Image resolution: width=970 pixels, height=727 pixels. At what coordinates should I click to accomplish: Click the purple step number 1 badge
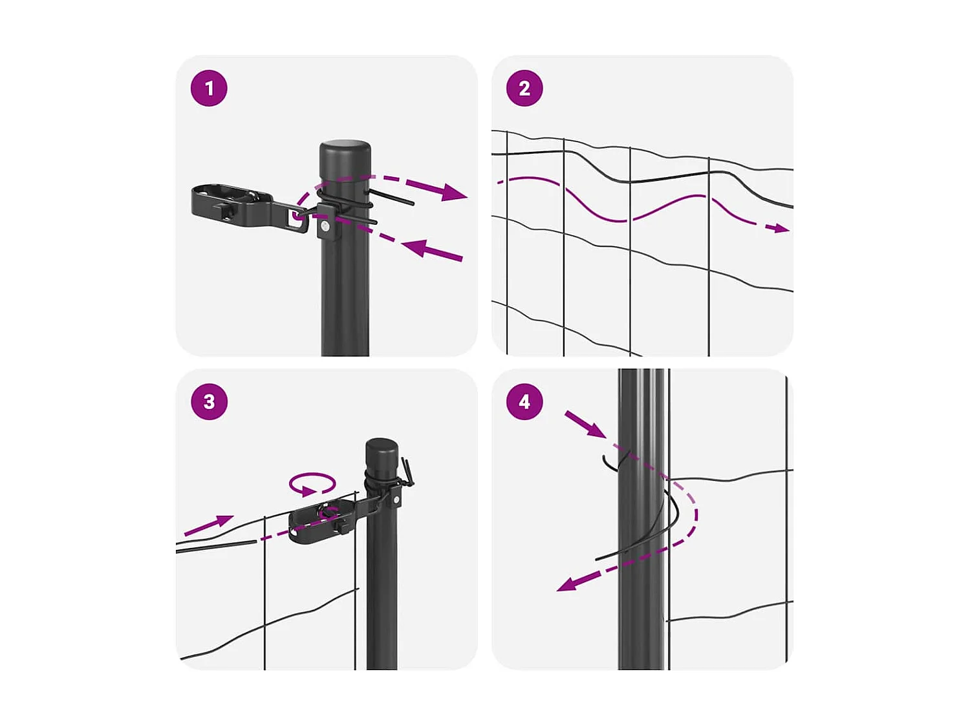click(209, 88)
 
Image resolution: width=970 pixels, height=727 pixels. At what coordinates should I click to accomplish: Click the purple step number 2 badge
click(524, 88)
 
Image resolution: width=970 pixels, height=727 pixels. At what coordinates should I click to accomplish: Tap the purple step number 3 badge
click(209, 401)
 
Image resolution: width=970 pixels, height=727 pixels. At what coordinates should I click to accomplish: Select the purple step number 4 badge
click(524, 401)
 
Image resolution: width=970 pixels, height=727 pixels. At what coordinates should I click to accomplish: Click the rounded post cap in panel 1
click(345, 153)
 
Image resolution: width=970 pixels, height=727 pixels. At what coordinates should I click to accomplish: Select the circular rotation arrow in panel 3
click(312, 484)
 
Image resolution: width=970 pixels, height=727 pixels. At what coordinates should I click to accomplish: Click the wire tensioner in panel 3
click(320, 520)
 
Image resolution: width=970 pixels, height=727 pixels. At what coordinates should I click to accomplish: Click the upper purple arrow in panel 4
click(585, 424)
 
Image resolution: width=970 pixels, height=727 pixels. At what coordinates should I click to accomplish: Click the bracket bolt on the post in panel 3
click(395, 500)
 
